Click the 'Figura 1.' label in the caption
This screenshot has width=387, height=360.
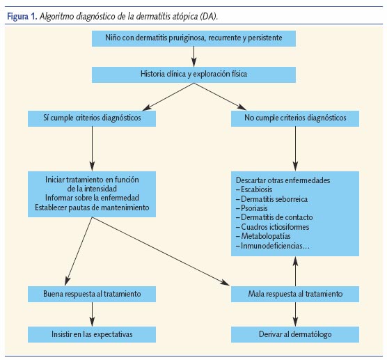pos(23,14)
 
